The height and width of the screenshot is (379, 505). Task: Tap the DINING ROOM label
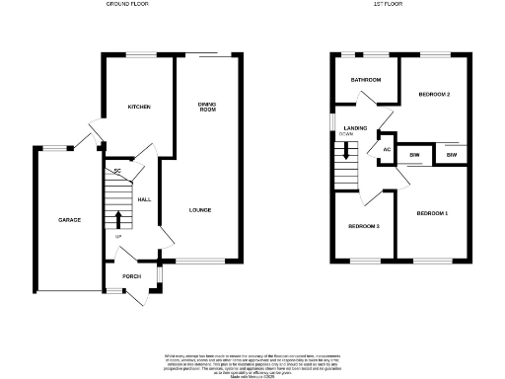point(207,107)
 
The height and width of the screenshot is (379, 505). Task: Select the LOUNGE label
point(200,209)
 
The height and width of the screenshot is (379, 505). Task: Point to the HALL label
point(144,199)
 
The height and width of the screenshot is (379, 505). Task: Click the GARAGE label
point(69,219)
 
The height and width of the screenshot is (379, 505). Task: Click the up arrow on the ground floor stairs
point(118,218)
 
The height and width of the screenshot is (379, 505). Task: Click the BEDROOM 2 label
point(434,94)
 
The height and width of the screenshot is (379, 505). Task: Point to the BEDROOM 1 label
point(431,214)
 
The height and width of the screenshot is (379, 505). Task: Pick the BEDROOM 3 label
point(363,227)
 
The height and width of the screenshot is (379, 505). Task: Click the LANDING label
point(355,128)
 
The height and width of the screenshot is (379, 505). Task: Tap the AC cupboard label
point(387,150)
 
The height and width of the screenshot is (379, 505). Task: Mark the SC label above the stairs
point(116,172)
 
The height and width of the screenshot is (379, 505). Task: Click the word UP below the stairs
point(119,237)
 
